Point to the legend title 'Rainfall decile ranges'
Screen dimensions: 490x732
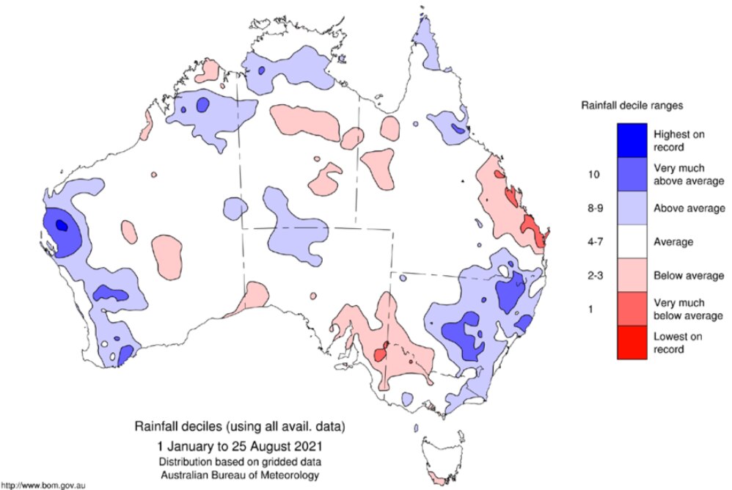632,106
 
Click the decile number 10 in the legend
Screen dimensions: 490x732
595,174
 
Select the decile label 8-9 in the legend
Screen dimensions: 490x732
595,208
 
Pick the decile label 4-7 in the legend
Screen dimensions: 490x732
595,241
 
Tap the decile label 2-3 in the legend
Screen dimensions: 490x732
595,275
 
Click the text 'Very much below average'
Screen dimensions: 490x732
688,309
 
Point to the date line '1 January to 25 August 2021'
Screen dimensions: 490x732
238,445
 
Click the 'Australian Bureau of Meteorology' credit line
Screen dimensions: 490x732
238,475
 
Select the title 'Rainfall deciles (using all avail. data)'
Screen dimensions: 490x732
238,426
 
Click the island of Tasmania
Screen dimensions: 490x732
444,458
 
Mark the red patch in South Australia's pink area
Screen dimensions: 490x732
381,353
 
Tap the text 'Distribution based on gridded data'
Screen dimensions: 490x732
238,461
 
